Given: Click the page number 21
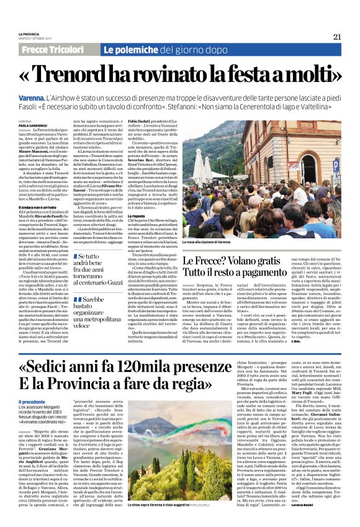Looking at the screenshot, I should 337,35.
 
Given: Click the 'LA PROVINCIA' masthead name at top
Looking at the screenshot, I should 29,33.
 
